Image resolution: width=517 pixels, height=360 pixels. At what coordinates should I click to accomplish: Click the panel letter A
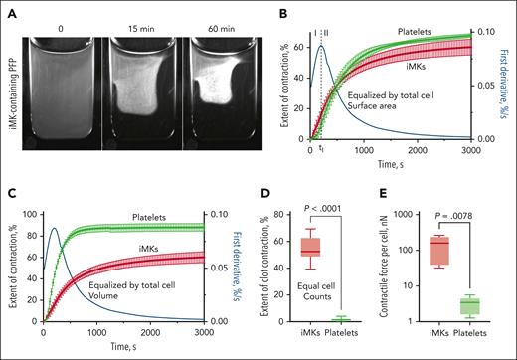(9, 9)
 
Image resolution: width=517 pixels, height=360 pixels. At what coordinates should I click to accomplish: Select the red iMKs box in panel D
(290, 247)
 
